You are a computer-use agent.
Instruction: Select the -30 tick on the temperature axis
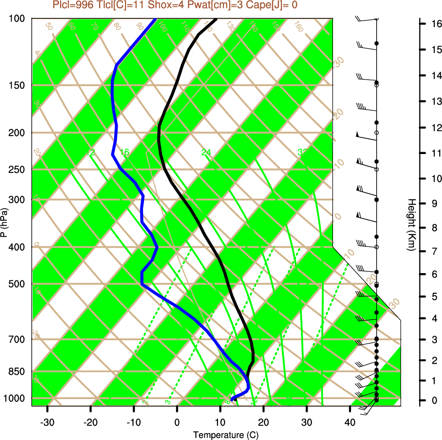[x=47, y=423]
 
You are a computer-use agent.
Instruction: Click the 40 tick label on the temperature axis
[x=350, y=423]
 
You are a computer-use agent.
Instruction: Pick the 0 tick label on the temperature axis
[x=177, y=423]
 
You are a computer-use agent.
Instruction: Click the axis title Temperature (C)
[x=222, y=435]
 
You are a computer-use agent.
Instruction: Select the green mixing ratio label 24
[x=206, y=152]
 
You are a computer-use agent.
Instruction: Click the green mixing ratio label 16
[x=125, y=152]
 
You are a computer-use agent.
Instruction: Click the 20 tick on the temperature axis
[x=264, y=423]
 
